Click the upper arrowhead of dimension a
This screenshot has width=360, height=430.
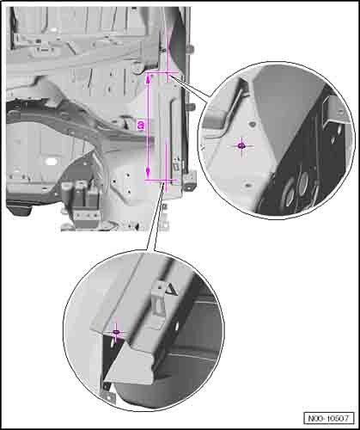[x=149, y=79]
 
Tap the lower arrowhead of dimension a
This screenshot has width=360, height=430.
[x=148, y=173]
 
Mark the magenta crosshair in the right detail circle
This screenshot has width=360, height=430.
[x=242, y=146]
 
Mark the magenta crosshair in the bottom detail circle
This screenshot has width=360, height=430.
[x=116, y=333]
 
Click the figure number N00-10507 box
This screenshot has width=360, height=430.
[x=328, y=418]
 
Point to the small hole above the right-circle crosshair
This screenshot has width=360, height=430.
[x=252, y=125]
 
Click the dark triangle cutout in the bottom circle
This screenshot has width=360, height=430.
[x=172, y=290]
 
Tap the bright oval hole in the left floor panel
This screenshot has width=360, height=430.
[x=51, y=161]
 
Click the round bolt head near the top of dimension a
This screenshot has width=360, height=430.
[x=137, y=68]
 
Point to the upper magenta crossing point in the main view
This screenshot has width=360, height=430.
[x=168, y=73]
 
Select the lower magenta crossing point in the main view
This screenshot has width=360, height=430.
[x=164, y=180]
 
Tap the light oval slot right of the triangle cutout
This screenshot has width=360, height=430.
[x=177, y=326]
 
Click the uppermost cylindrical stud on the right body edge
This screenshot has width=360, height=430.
[x=191, y=49]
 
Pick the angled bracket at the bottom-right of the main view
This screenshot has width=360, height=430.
[x=190, y=180]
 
